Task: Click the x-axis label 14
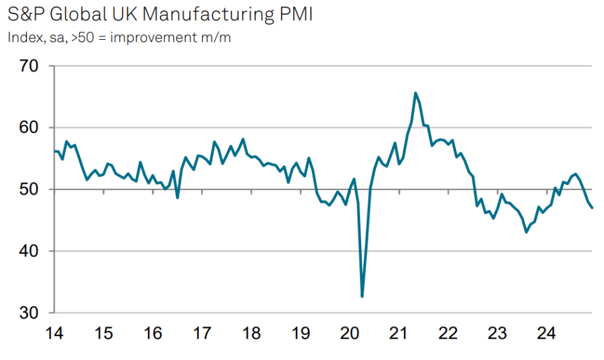pos(54,333)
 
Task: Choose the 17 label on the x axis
pos(202,333)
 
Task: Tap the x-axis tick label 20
pos(349,333)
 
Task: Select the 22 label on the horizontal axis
pos(448,333)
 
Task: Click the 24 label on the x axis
pos(547,333)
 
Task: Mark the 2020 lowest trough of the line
pos(362,296)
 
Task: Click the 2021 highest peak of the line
pos(415,93)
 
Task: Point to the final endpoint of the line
pos(592,208)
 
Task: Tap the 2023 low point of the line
pos(527,232)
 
